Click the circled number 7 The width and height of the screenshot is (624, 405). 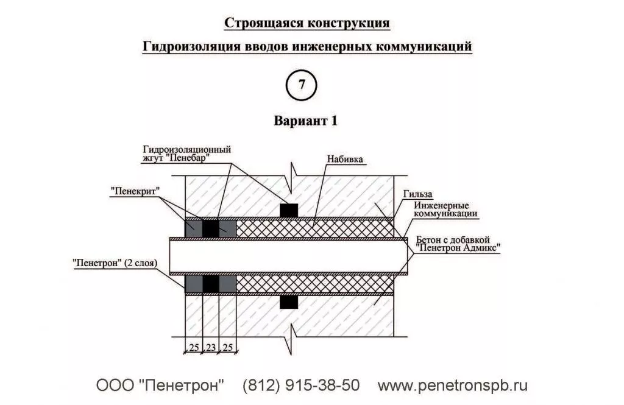tap(301, 85)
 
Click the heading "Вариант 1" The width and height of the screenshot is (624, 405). tap(305, 121)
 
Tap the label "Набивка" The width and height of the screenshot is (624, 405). tap(345, 159)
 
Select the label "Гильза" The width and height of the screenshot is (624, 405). tap(417, 194)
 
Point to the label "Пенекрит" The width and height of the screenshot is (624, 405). tap(135, 191)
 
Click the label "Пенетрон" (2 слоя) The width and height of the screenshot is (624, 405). tap(115, 263)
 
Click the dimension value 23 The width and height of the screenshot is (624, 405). tap(211, 347)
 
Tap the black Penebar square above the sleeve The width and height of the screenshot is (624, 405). tap(289, 211)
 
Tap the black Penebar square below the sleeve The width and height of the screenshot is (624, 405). tap(289, 302)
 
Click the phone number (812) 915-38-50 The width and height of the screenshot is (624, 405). tap(301, 386)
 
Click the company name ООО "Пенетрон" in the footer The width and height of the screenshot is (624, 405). tap(160, 386)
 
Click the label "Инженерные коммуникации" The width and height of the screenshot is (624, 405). tap(445, 210)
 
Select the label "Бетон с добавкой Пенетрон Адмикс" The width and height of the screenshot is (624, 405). tap(458, 244)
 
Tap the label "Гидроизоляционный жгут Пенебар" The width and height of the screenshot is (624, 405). tap(187, 153)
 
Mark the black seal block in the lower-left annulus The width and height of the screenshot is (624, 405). tap(211, 284)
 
